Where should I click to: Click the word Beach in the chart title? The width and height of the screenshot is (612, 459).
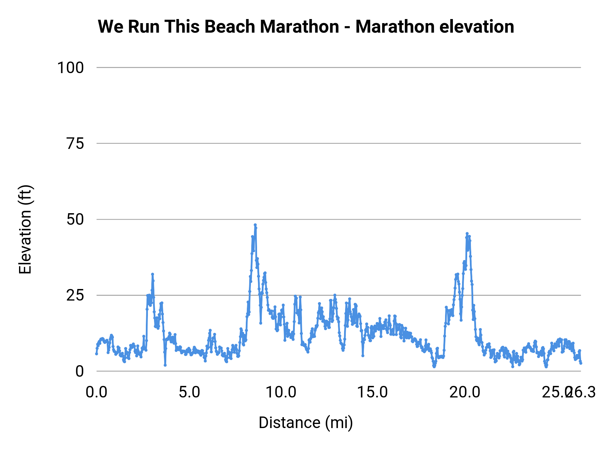point(230,27)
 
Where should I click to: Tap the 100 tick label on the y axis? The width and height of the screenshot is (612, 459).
point(70,68)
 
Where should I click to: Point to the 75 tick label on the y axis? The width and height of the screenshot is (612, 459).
point(75,143)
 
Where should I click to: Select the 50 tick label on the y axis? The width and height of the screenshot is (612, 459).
point(75,219)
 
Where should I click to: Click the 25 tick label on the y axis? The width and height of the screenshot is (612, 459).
point(75,295)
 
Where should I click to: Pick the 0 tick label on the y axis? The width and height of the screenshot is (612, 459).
point(80,371)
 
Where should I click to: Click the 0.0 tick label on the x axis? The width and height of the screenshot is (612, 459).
point(97,392)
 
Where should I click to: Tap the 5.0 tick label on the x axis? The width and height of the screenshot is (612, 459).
point(189,392)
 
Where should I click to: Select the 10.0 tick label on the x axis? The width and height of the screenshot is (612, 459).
point(281,392)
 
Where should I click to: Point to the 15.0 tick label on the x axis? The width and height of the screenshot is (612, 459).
point(373,392)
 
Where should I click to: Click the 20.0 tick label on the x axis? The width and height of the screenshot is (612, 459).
point(465,392)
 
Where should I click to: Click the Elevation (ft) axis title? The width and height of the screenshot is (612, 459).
point(25,230)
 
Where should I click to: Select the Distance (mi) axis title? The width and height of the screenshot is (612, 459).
point(306,423)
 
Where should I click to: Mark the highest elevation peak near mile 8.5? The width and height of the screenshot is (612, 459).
point(255,225)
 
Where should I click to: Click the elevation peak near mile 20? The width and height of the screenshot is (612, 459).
point(467,234)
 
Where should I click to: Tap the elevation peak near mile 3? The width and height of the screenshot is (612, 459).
point(152,274)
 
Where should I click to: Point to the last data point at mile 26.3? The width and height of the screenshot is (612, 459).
point(581,363)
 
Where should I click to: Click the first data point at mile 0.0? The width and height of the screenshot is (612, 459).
point(97,354)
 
